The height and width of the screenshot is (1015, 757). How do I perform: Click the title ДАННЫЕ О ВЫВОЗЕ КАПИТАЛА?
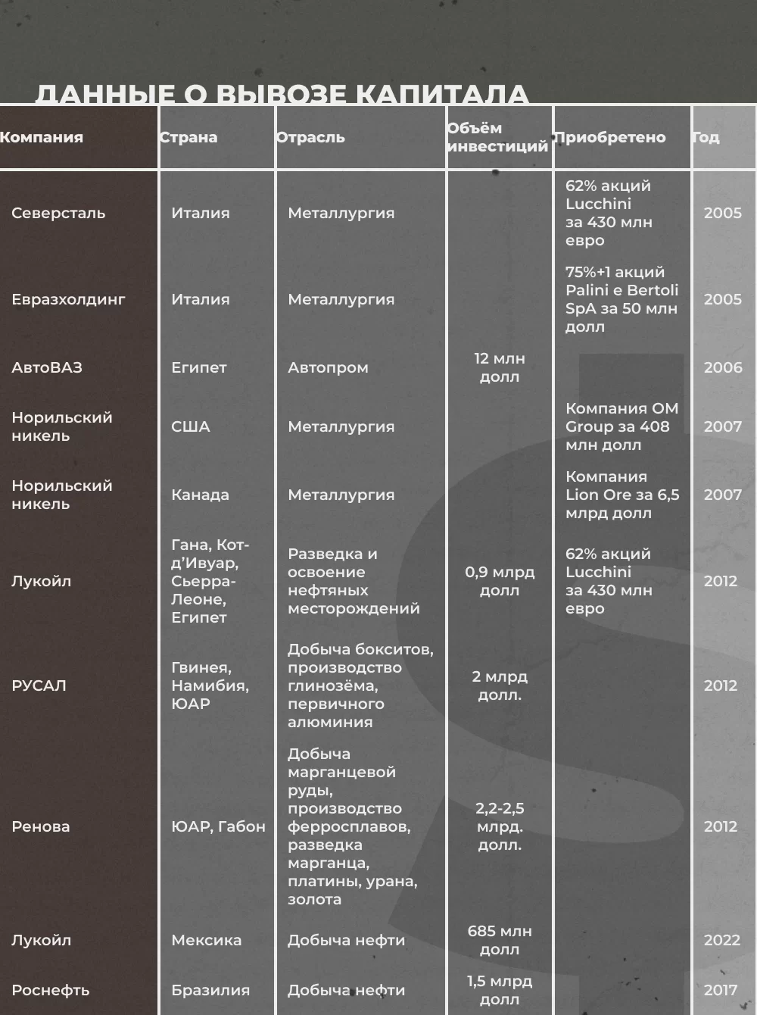point(282,93)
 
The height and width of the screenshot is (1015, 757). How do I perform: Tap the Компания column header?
point(42,137)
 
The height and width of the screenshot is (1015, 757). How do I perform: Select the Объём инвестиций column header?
point(497,137)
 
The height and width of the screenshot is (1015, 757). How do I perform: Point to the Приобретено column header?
point(609,137)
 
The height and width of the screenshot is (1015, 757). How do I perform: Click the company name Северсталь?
point(58,213)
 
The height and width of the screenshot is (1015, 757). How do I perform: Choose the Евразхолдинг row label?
point(68,299)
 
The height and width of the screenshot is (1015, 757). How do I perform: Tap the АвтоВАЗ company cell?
point(47,367)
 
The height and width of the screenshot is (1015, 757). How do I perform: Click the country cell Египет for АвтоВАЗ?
point(199,367)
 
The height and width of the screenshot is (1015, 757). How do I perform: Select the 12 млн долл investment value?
point(500,367)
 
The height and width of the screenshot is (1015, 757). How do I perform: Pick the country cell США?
point(191,426)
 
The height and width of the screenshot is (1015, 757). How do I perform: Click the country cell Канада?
point(200,495)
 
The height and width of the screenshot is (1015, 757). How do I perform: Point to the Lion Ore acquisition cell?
point(621,495)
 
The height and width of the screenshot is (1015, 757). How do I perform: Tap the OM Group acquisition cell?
point(621,426)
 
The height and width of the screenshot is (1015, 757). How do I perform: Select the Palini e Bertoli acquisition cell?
point(621,299)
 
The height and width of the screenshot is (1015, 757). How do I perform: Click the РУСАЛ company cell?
point(39,686)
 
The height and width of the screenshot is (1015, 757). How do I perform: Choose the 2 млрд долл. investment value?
point(500,686)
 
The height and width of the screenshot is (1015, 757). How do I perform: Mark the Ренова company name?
point(41,826)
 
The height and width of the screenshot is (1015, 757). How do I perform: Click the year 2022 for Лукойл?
point(721,940)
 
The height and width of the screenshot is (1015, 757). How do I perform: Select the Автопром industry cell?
point(328,367)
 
